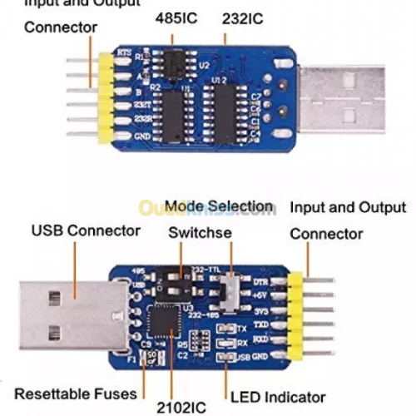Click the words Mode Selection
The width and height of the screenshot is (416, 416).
[x=218, y=206]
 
